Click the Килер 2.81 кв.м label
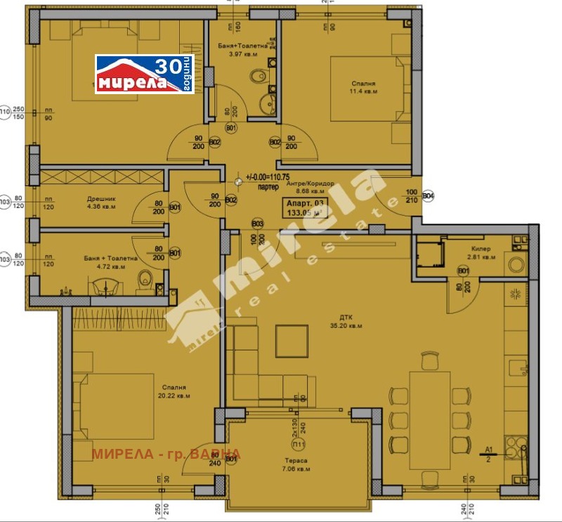pos(482,253)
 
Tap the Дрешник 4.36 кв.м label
pos(101,202)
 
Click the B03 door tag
pos(257,224)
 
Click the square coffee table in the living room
pos(291,341)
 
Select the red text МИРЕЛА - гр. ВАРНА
pos(166,454)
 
